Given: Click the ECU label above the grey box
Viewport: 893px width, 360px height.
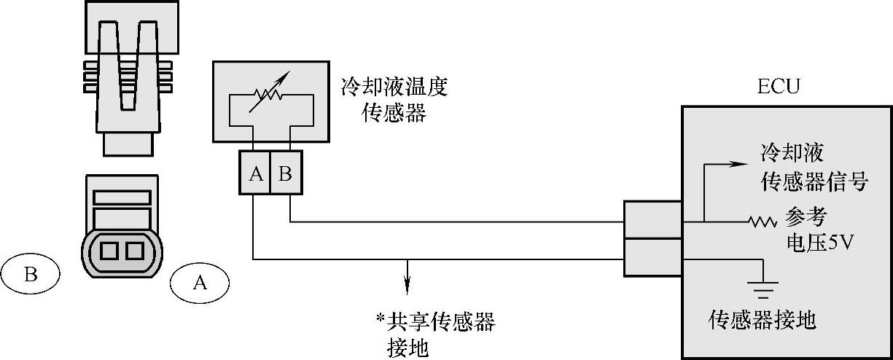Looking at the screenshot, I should pyautogui.click(x=779, y=87).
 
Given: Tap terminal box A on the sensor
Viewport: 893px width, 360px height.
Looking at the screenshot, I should pyautogui.click(x=255, y=174).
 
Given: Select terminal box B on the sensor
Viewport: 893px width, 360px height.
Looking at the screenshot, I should pyautogui.click(x=286, y=174).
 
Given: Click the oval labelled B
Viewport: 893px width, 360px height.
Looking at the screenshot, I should pyautogui.click(x=31, y=275).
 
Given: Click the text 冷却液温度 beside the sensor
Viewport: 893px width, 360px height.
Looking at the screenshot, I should pyautogui.click(x=394, y=88).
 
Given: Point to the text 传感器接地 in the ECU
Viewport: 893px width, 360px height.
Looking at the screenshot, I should pyautogui.click(x=763, y=320).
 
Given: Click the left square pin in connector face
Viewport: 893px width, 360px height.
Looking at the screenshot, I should pyautogui.click(x=109, y=251).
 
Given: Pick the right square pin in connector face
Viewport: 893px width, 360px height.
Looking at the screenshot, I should pyautogui.click(x=133, y=251).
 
